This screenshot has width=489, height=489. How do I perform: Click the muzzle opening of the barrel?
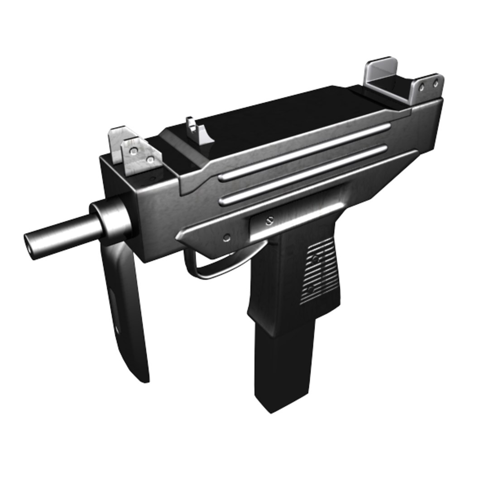tap(31, 244)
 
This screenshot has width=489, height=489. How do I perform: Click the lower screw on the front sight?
tap(150, 159)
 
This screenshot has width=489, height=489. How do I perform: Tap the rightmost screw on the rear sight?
tap(436, 84)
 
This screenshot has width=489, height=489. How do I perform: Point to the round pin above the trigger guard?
tap(227, 237)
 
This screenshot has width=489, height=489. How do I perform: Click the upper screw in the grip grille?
tap(316, 259)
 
